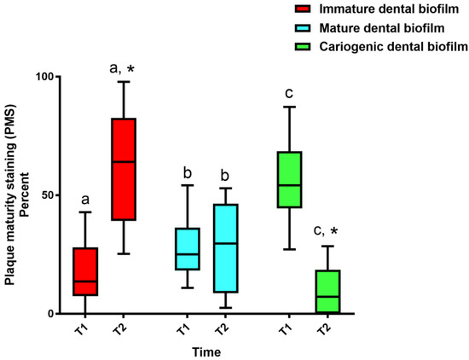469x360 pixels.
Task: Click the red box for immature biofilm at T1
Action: [85, 271]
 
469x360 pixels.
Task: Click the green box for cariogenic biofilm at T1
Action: [290, 179]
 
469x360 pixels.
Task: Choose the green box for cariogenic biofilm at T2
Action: [327, 292]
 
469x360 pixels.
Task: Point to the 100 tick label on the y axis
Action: [39, 76]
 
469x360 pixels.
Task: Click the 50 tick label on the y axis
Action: [43, 195]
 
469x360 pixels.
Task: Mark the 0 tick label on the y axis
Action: [48, 313]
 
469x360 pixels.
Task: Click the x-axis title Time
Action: [207, 351]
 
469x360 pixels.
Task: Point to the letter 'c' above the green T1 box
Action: [291, 92]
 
